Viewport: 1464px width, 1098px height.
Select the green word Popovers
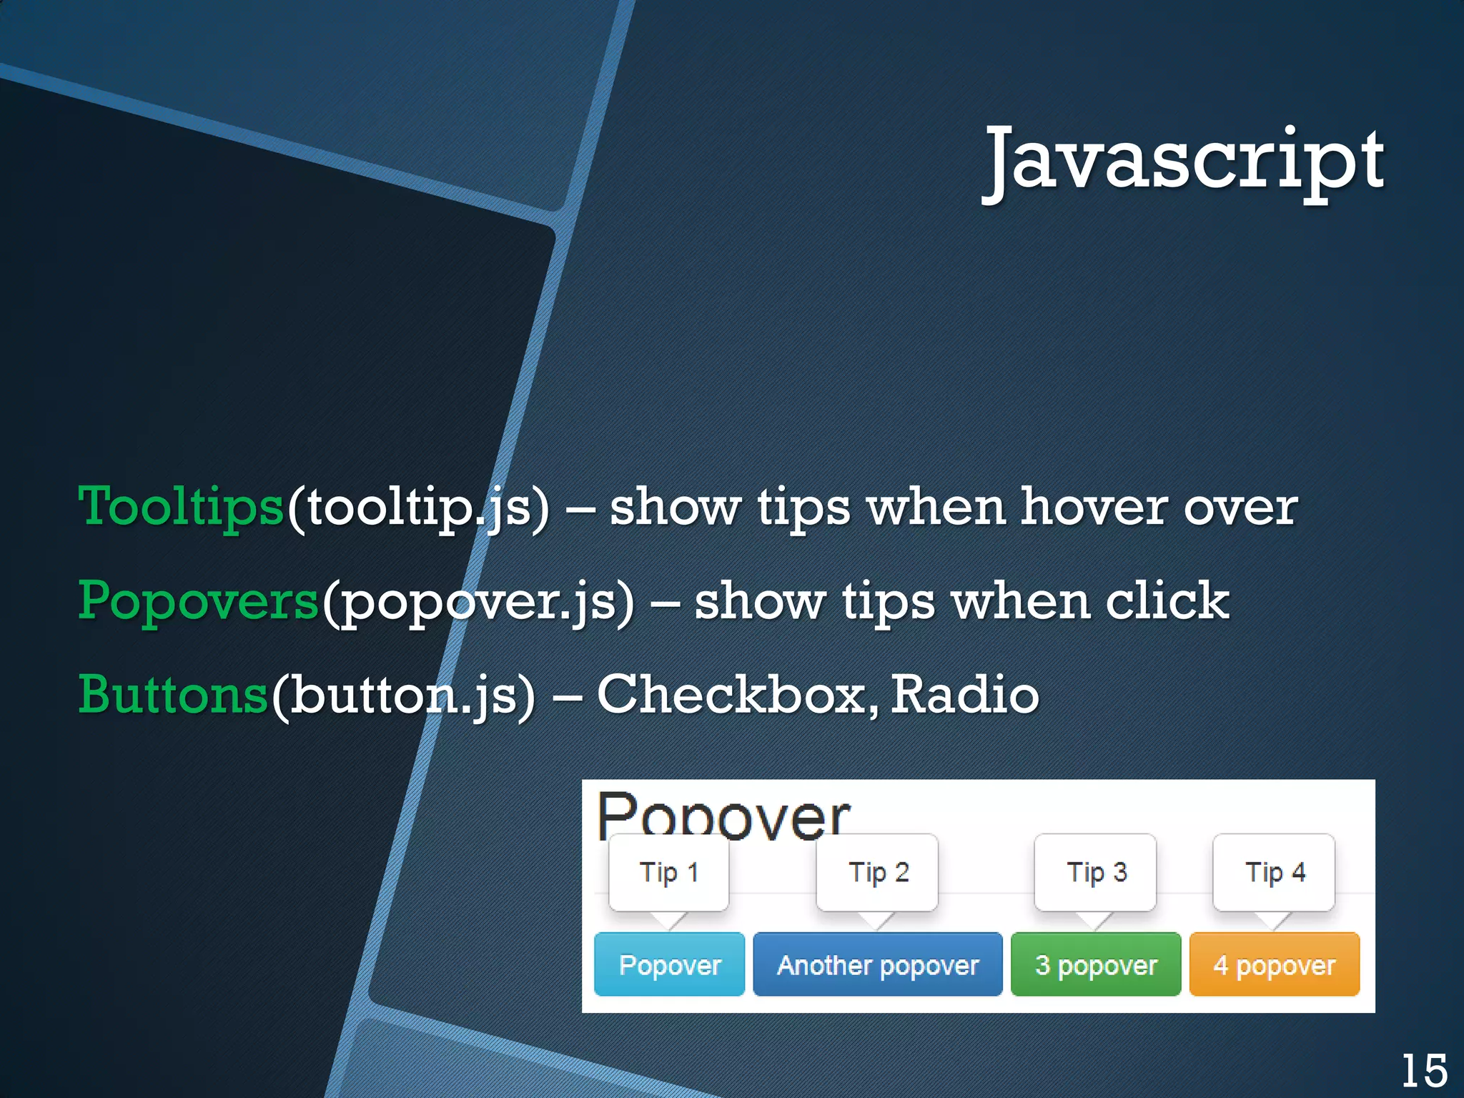click(x=198, y=600)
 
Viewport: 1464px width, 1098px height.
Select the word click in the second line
click(x=1167, y=600)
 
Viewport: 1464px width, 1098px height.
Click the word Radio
click(x=965, y=695)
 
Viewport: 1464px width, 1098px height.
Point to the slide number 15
click(x=1424, y=1071)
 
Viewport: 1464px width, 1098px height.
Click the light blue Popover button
click(x=670, y=965)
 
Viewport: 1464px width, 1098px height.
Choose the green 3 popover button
click(x=1096, y=965)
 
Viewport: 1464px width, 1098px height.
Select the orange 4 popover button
click(x=1275, y=965)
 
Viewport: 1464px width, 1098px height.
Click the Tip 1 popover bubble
click(x=669, y=873)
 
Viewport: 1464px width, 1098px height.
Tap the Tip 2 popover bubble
click(x=878, y=873)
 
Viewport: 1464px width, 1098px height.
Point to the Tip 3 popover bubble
click(x=1096, y=873)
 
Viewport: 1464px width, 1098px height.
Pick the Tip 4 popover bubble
click(x=1275, y=873)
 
